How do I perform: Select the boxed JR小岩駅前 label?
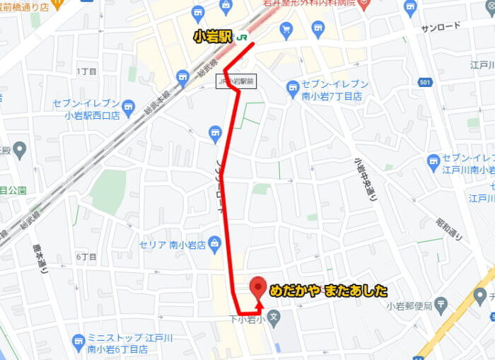click(236, 82)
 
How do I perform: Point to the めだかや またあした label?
click(329, 289)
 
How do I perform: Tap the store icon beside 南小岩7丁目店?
click(293, 88)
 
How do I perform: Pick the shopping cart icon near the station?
click(286, 29)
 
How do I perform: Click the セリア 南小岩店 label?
click(172, 245)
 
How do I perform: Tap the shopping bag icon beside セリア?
click(215, 243)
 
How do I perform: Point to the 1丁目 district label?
click(86, 71)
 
